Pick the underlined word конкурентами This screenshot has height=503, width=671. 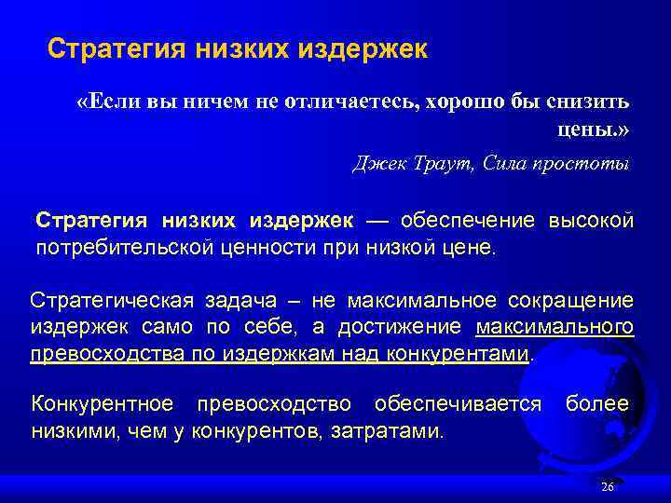pos(466,354)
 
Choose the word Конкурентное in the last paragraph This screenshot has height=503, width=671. pos(103,404)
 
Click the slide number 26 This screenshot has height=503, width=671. pos(608,487)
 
